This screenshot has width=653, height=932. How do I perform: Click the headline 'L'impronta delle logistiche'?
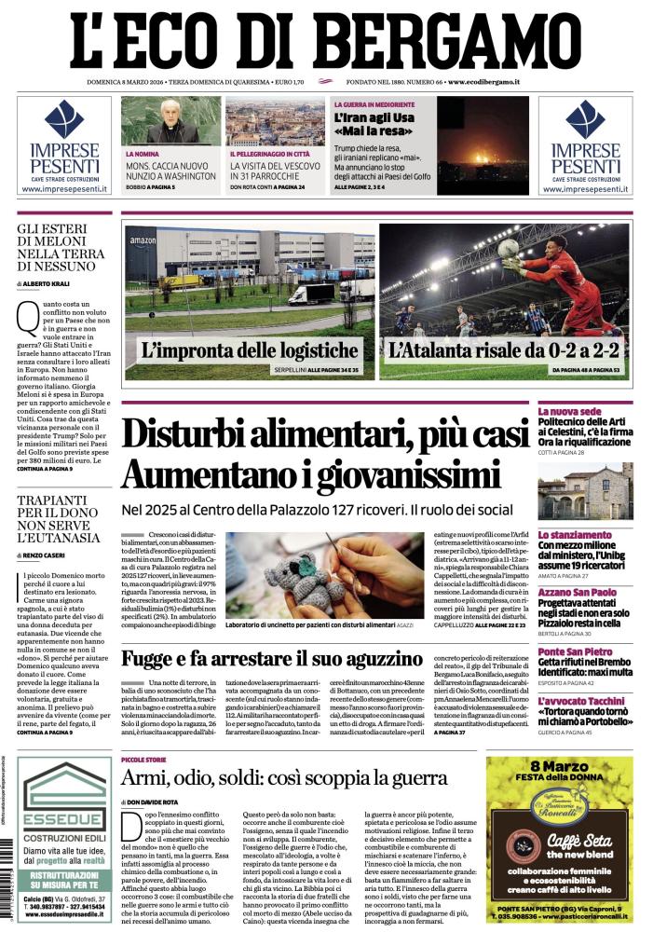[249, 351]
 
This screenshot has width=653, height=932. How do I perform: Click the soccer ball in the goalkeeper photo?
[508, 249]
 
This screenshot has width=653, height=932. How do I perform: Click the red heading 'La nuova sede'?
[569, 411]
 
